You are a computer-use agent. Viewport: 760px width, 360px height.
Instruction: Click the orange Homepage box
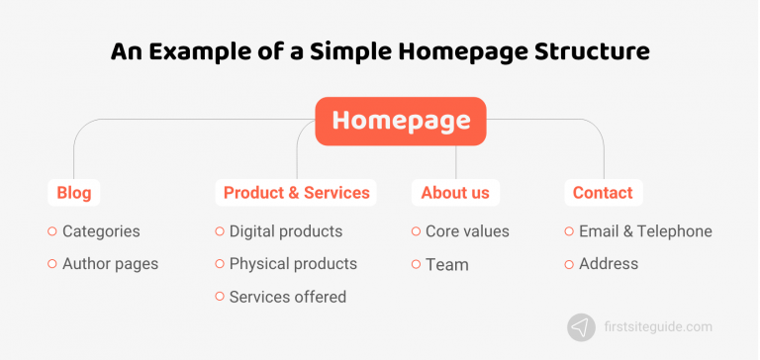pos(401,121)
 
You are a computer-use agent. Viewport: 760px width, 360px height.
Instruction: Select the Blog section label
pos(74,193)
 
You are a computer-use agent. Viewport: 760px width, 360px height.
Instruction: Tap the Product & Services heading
pos(296,193)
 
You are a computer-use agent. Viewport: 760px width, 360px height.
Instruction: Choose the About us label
pos(455,193)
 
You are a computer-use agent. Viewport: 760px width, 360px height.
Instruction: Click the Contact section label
pos(604,193)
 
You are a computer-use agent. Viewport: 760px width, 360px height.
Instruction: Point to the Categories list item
pos(101,231)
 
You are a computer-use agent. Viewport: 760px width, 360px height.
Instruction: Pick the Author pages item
pos(110,264)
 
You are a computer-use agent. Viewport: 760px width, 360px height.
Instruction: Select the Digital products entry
pos(285,231)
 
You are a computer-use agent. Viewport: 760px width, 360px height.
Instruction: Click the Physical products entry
pos(293,264)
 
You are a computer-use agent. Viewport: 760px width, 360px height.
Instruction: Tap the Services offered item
pos(287,297)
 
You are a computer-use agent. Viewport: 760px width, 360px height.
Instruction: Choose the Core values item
pos(467,231)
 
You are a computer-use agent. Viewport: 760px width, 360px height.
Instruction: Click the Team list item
pos(446,264)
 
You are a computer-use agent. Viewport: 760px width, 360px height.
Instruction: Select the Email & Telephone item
pos(645,231)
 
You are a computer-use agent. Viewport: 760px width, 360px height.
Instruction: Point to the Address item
pos(609,264)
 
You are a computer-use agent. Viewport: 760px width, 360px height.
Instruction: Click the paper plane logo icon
pos(581,327)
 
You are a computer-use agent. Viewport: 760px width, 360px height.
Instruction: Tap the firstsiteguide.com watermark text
pos(655,327)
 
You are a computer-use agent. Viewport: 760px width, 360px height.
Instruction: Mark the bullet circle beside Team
pos(416,264)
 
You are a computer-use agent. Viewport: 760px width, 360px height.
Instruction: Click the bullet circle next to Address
pos(569,264)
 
